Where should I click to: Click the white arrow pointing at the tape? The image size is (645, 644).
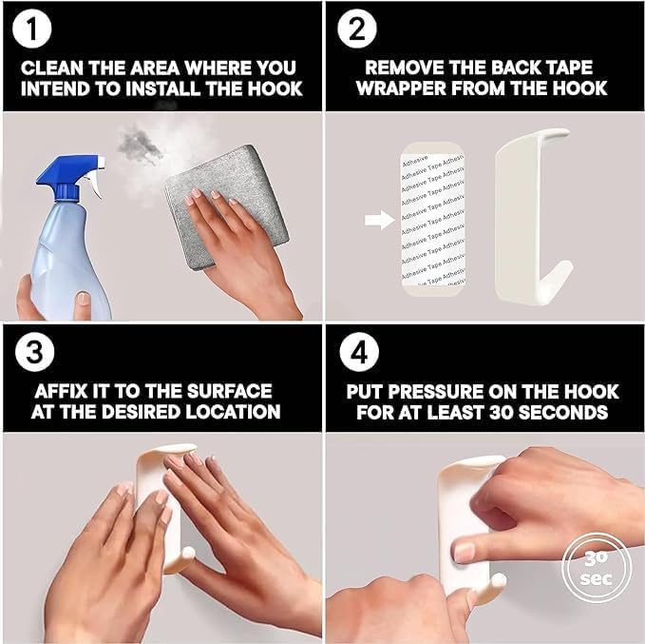tap(378, 221)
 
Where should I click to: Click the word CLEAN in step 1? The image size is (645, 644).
tap(50, 68)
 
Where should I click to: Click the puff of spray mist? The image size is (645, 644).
tap(142, 147)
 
